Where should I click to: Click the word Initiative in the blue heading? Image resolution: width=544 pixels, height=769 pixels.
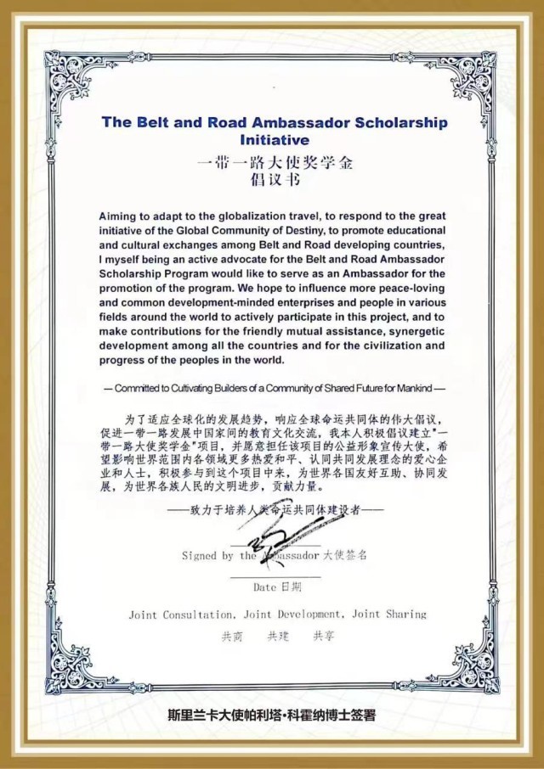click(275, 139)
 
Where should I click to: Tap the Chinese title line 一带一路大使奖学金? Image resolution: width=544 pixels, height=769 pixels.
click(274, 161)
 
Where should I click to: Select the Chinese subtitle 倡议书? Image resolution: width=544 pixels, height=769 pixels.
click(274, 180)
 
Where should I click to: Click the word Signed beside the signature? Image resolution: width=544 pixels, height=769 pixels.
click(199, 556)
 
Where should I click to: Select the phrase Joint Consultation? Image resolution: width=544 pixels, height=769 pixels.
click(181, 614)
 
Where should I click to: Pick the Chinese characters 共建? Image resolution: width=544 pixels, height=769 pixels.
click(279, 636)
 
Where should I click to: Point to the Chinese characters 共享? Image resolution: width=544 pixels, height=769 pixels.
click(324, 636)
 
